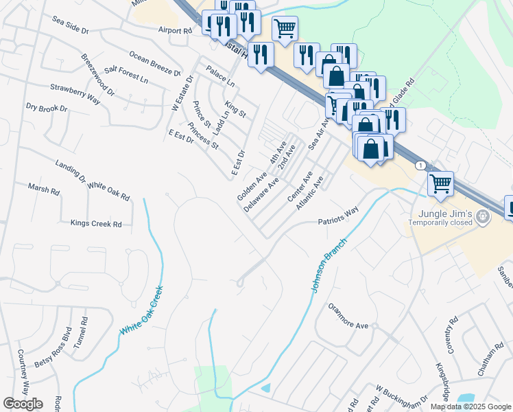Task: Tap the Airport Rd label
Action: [175, 30]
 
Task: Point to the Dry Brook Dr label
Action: [47, 108]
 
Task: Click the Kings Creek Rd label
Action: [96, 224]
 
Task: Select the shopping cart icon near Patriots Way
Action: [440, 183]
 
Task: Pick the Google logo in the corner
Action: [23, 403]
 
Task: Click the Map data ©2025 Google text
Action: [470, 407]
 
